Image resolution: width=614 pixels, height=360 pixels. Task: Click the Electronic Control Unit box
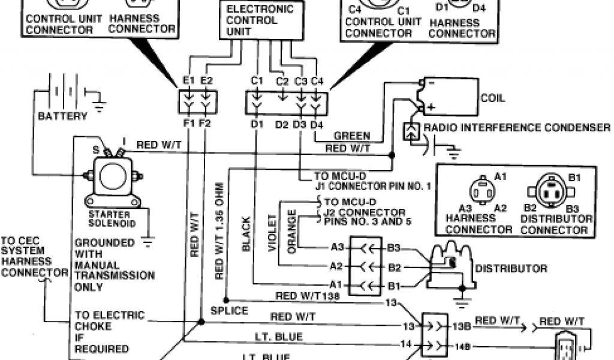click(260, 20)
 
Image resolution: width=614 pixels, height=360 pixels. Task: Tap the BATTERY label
click(62, 116)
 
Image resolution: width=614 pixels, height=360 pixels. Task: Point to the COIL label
click(493, 97)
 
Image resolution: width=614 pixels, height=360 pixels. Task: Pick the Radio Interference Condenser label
click(517, 127)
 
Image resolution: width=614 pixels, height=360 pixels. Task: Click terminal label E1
click(189, 80)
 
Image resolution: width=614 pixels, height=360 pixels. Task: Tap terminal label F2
click(205, 124)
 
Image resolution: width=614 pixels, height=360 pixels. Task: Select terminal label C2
click(282, 80)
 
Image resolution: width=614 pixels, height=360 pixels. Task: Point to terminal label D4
click(317, 124)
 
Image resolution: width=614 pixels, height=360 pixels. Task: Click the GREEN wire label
click(352, 136)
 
